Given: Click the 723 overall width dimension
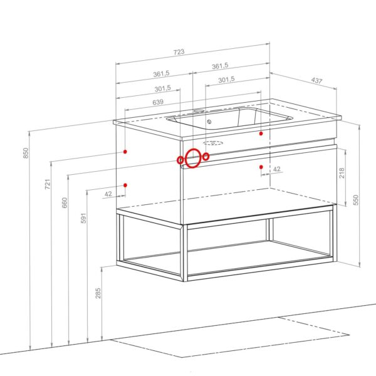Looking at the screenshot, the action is pyautogui.click(x=179, y=52).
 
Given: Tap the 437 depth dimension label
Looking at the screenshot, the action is pyautogui.click(x=316, y=81).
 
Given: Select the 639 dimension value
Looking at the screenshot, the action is pyautogui.click(x=158, y=102).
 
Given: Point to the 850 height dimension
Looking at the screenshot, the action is pyautogui.click(x=26, y=153).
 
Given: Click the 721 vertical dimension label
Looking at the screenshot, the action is pyautogui.click(x=48, y=184).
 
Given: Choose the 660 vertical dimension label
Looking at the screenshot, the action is pyautogui.click(x=65, y=202).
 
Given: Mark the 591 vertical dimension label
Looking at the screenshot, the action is pyautogui.click(x=83, y=218).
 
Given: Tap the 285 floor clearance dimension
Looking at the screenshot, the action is pyautogui.click(x=98, y=293).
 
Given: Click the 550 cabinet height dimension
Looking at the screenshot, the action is pyautogui.click(x=356, y=200).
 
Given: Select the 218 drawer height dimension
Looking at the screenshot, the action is pyautogui.click(x=342, y=173).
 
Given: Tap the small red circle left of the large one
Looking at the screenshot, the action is pyautogui.click(x=180, y=160).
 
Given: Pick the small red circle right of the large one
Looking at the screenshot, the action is pyautogui.click(x=206, y=157).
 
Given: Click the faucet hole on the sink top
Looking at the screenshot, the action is pyautogui.click(x=198, y=111).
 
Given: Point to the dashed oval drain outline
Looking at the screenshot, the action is pyautogui.click(x=213, y=143).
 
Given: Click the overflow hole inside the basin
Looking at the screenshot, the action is pyautogui.click(x=209, y=122).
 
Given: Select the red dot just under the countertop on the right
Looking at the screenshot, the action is pyautogui.click(x=261, y=133).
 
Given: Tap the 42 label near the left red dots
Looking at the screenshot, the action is pyautogui.click(x=108, y=194).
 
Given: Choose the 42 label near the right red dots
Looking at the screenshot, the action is pyautogui.click(x=277, y=169).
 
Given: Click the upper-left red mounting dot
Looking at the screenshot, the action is pyautogui.click(x=125, y=152).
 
